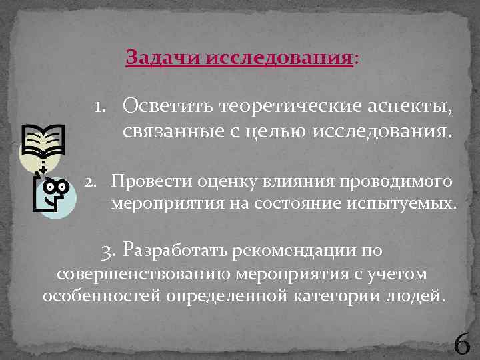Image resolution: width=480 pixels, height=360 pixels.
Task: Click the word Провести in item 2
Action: click(145, 181)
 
